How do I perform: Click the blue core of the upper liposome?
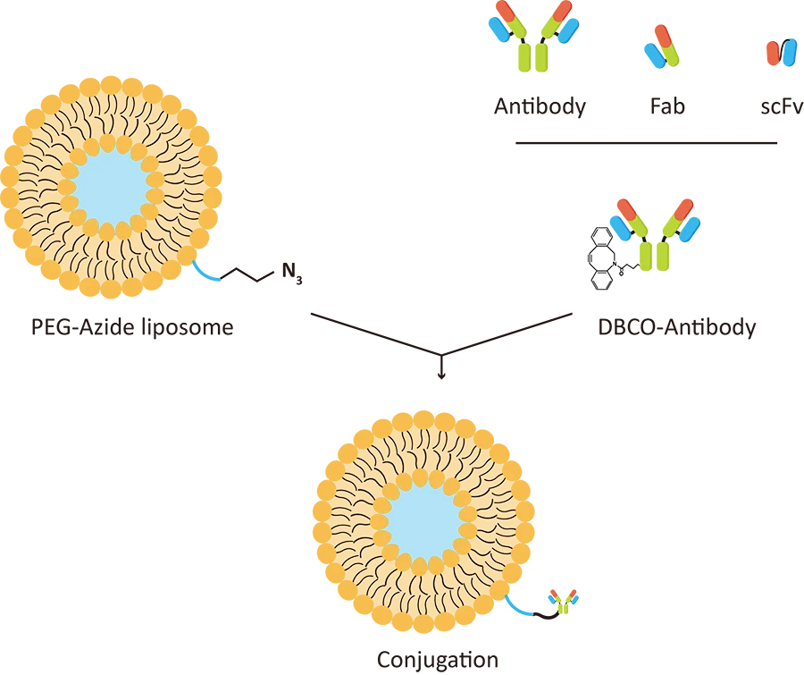[x=111, y=186]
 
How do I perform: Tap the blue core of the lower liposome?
[x=423, y=519]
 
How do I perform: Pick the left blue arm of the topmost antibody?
[x=497, y=29]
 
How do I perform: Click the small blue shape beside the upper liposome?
[x=207, y=272]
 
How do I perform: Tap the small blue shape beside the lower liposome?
[x=518, y=606]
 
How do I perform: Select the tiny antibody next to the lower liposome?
[x=563, y=602]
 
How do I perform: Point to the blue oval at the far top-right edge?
[x=787, y=52]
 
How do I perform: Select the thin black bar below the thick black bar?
[x=656, y=142]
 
